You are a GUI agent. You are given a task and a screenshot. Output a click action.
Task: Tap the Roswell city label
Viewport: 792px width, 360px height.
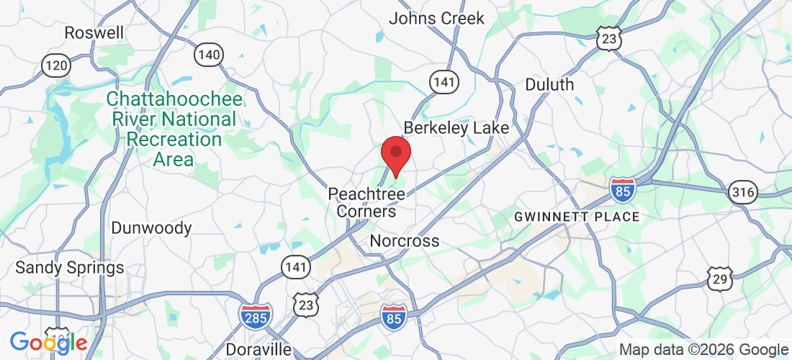[x=94, y=32]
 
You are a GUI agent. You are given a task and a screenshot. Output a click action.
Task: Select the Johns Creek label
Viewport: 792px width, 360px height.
[x=437, y=19]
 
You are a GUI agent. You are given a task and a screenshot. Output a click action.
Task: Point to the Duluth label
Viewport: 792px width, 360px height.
[x=549, y=84]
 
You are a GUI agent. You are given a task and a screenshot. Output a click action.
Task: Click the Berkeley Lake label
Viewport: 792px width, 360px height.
[x=456, y=127]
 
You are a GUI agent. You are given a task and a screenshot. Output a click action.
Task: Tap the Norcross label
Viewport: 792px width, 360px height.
[x=404, y=240]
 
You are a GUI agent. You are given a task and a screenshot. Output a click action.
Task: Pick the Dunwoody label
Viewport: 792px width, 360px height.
[x=151, y=228]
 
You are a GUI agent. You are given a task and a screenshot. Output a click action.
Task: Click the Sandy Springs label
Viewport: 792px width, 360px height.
[x=70, y=268]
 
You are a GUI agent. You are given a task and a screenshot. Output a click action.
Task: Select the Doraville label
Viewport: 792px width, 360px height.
[x=258, y=349]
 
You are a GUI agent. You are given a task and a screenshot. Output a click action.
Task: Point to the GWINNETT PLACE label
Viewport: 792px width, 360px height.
[x=576, y=216]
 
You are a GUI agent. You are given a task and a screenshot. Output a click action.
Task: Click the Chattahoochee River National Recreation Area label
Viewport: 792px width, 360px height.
[x=174, y=129]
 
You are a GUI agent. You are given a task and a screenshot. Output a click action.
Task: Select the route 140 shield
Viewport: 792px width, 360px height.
[x=209, y=53]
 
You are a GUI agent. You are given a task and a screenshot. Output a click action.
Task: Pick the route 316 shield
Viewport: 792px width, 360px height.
[x=742, y=192]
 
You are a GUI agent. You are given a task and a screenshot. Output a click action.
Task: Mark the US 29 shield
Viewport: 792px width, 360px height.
[x=719, y=279]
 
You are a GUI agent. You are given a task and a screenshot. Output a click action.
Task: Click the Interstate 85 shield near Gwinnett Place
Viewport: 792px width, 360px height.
[x=622, y=189]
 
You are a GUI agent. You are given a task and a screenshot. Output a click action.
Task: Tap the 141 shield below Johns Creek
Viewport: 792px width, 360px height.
[x=444, y=82]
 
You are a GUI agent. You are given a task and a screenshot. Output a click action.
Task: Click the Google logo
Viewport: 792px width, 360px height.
[x=48, y=343]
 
